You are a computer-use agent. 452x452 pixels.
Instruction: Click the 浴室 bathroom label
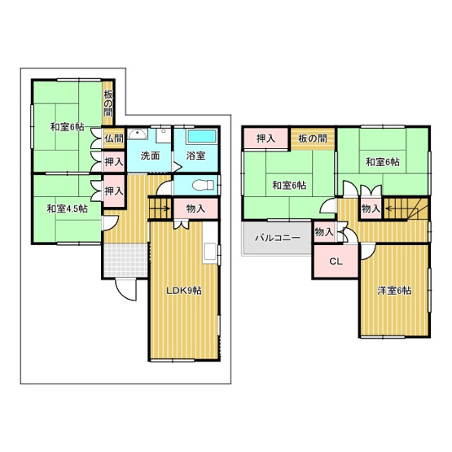coord(195,156)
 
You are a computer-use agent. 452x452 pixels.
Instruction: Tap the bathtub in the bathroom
coord(202,136)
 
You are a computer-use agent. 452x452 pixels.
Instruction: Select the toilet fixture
coord(203,185)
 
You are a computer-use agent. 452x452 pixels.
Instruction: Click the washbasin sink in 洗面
coord(138,134)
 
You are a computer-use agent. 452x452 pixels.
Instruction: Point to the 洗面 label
coord(150,156)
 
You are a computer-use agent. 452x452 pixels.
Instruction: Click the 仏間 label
coord(114,138)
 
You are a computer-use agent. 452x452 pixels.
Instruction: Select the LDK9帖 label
coord(184,291)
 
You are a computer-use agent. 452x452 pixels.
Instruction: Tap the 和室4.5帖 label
coord(68,208)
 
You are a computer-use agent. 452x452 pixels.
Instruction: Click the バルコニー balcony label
coord(278,238)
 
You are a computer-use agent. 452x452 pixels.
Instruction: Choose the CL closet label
coord(336,261)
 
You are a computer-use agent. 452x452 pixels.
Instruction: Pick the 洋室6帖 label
coord(394,291)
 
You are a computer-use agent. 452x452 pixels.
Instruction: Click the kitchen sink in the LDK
coord(211,252)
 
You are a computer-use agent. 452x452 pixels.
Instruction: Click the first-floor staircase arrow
coord(165,208)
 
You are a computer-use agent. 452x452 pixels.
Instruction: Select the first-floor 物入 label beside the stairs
coord(195,208)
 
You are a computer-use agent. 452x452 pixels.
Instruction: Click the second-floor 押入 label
coord(265,138)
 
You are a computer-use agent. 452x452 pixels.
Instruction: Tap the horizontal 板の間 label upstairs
coord(313,138)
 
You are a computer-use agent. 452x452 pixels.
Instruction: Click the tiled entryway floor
coord(125,261)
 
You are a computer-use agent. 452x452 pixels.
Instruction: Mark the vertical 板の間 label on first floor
coord(108,103)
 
